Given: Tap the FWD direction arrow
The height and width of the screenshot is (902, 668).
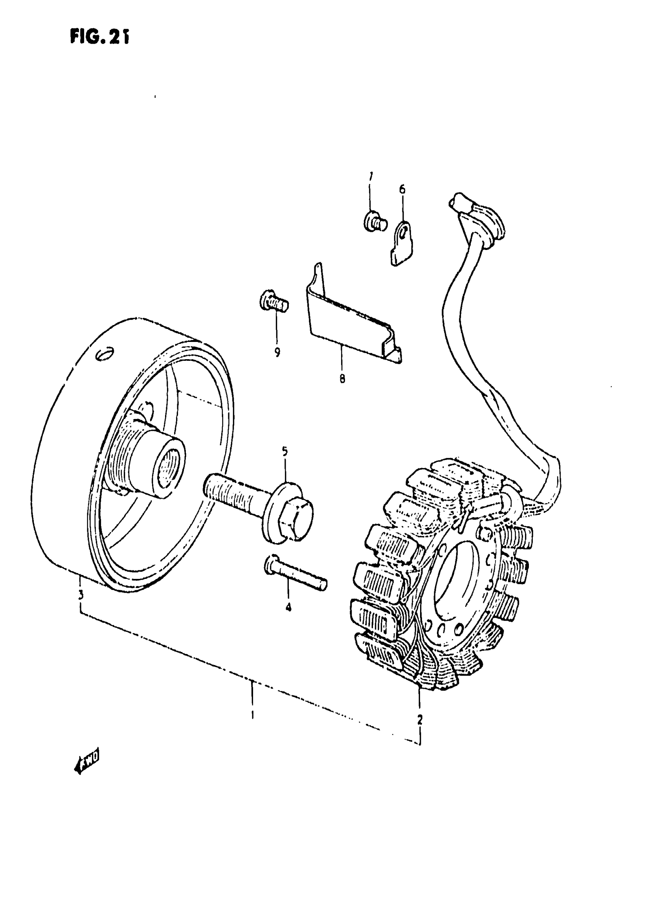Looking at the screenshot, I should click(x=86, y=763).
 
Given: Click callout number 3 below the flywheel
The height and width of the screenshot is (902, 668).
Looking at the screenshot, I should click(x=81, y=595).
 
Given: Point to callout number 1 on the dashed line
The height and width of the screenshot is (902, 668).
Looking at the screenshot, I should click(x=252, y=715).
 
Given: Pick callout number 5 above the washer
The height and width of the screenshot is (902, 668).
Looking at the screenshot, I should click(x=285, y=452).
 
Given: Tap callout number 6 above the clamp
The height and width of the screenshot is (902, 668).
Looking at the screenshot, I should click(x=402, y=189).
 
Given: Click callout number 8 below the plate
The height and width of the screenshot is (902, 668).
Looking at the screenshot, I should click(x=342, y=379).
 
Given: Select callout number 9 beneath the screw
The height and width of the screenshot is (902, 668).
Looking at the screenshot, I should click(x=277, y=352).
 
